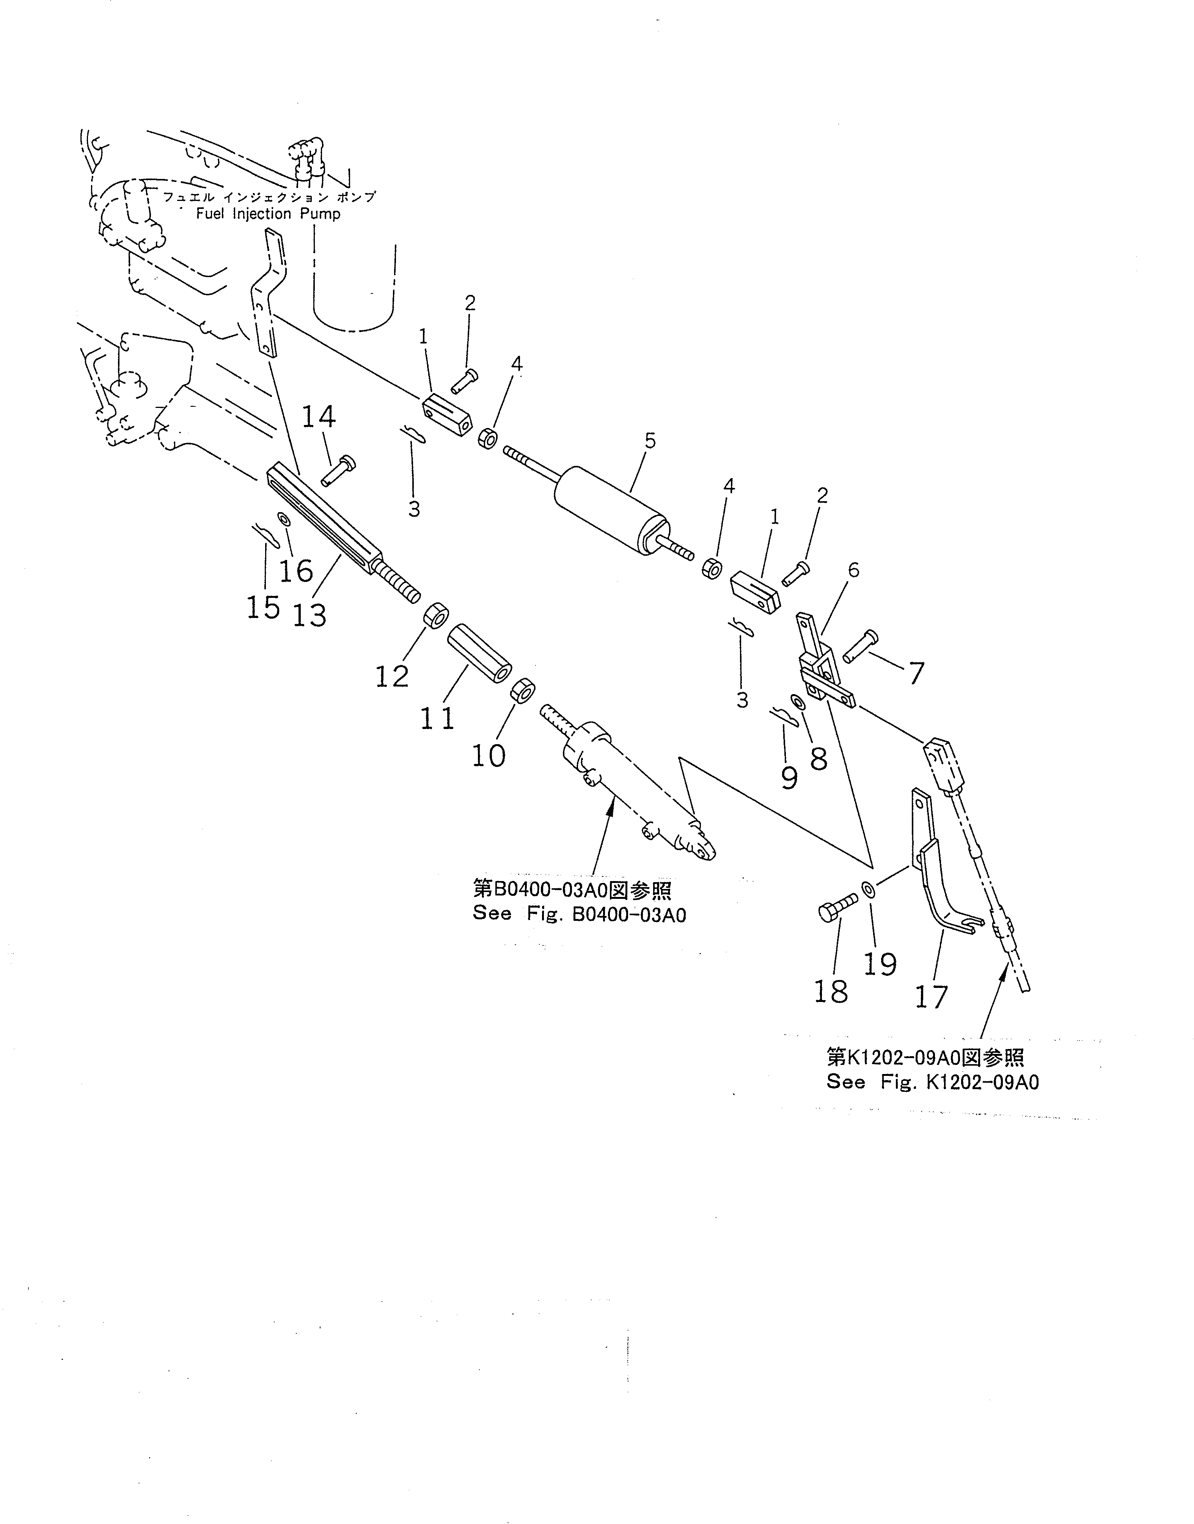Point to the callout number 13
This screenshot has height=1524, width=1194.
309,616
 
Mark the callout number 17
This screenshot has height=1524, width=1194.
932,997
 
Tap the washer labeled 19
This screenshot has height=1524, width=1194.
867,889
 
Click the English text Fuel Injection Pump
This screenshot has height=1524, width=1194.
269,214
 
